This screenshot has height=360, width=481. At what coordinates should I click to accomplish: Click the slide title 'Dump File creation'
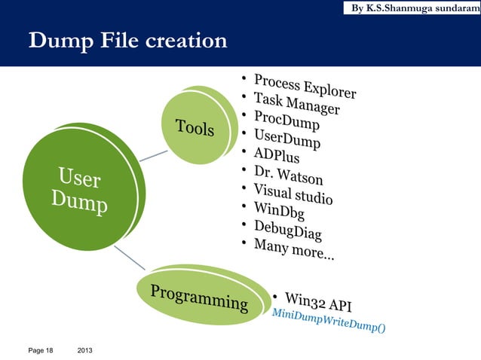tap(127, 40)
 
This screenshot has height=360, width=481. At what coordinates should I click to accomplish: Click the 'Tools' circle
tap(195, 127)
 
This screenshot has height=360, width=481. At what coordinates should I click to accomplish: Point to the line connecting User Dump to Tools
tap(153, 154)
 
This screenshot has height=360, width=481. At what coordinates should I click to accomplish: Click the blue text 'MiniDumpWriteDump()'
tap(329, 322)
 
